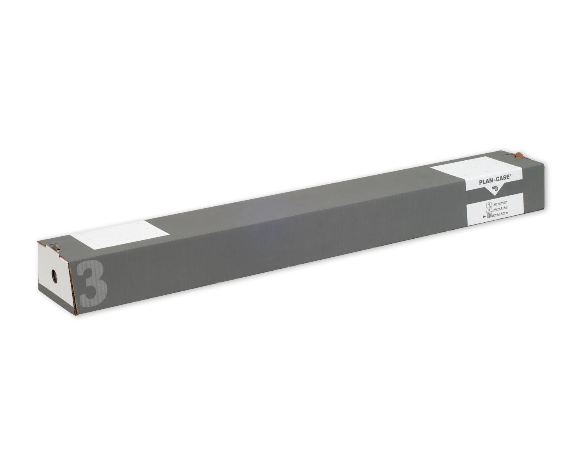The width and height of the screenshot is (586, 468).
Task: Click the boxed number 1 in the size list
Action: pyautogui.click(x=489, y=204)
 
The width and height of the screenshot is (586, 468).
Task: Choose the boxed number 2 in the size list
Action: pyautogui.click(x=489, y=210)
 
